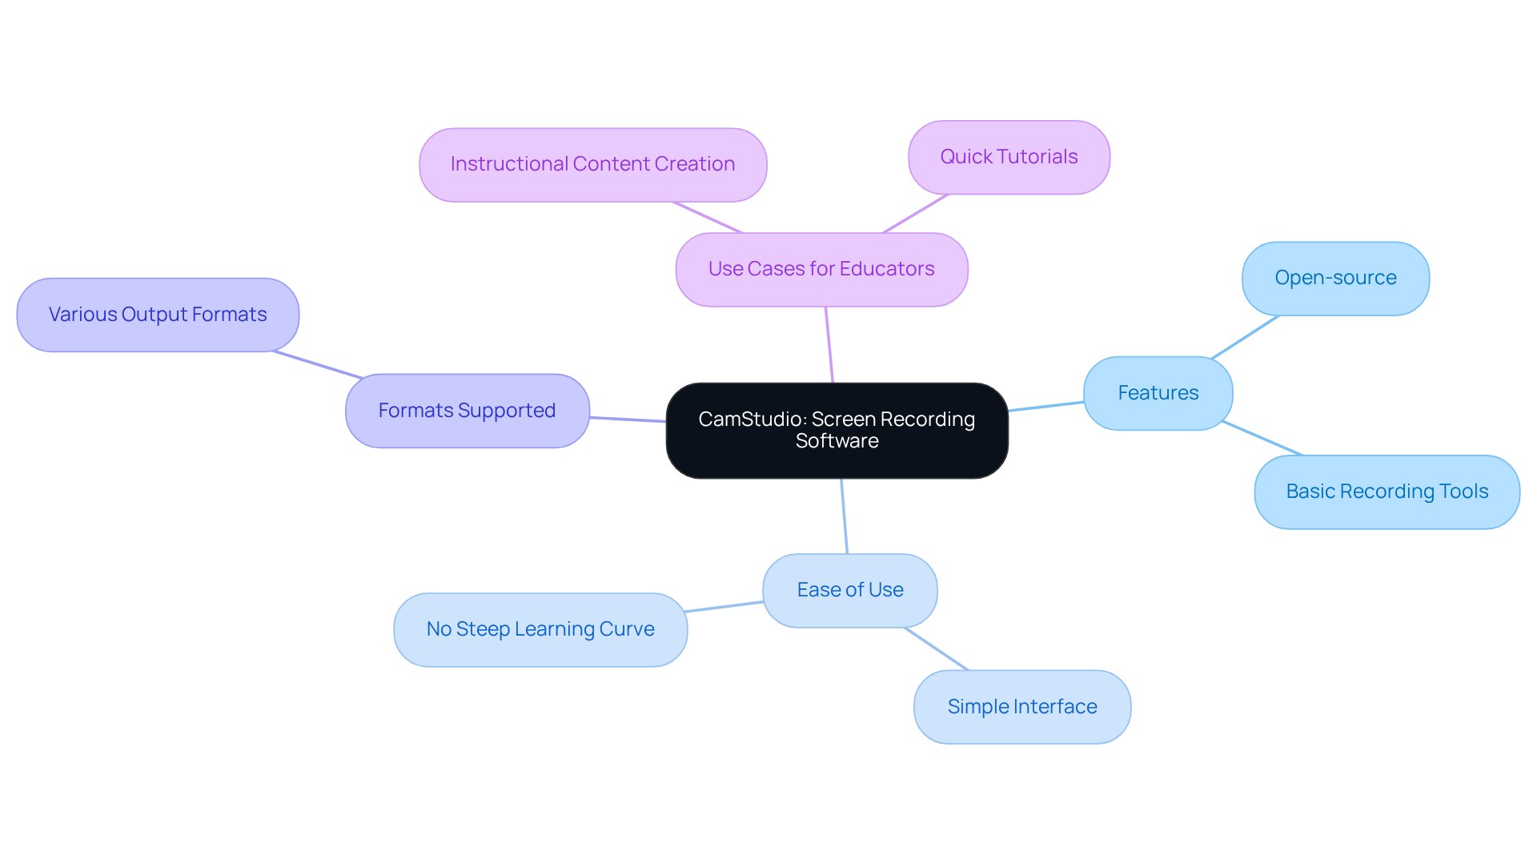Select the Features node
(1158, 393)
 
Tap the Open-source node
(1335, 279)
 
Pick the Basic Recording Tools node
(1387, 492)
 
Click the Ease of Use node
(849, 590)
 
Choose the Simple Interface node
(1021, 707)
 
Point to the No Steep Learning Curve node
(540, 629)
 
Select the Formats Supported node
(467, 411)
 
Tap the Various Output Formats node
(158, 315)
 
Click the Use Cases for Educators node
(821, 269)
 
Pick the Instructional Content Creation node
(592, 164)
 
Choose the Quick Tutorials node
(1009, 157)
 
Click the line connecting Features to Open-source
(1245, 337)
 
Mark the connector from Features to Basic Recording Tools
(1262, 438)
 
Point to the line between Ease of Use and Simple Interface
(936, 648)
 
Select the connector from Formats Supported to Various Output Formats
(318, 364)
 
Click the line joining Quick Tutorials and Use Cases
(915, 214)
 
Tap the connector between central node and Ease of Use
(844, 516)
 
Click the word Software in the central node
(837, 441)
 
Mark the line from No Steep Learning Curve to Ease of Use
(724, 607)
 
